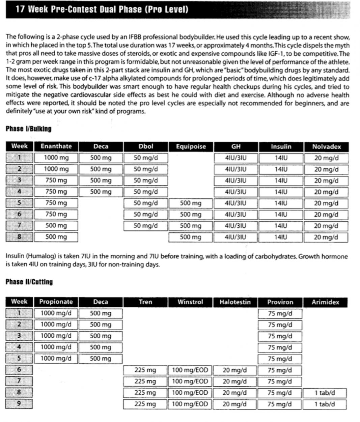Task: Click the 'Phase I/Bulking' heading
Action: (29, 129)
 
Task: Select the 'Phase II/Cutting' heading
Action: (29, 282)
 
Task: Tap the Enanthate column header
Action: (56, 146)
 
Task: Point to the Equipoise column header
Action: (191, 146)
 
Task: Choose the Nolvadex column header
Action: (326, 146)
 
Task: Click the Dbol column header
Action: (146, 146)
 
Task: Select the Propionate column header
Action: (56, 302)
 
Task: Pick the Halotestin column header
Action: (235, 302)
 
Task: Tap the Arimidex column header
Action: (325, 302)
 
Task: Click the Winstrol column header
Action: (190, 302)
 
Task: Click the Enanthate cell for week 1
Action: (56, 158)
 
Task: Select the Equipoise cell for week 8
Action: (191, 237)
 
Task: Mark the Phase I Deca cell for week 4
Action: (101, 192)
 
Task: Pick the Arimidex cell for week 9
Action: (325, 404)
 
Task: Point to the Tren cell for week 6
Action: (145, 370)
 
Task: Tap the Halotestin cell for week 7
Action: (235, 382)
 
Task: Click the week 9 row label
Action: (19, 404)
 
